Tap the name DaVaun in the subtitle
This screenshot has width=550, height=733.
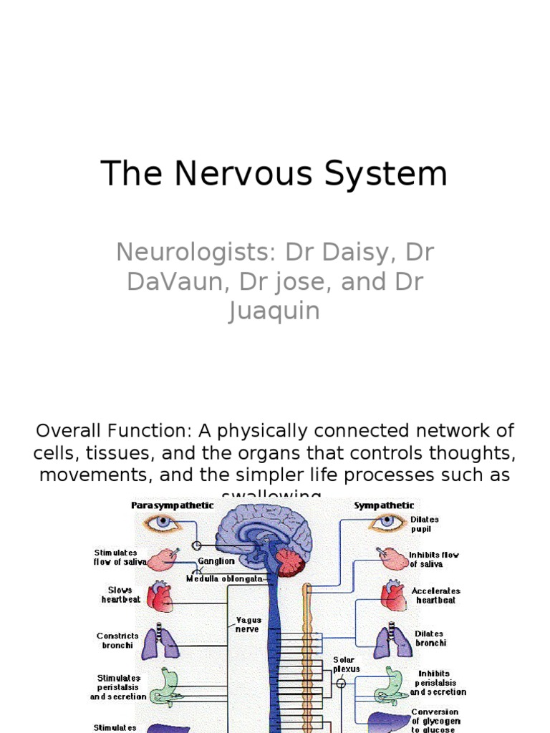click(x=170, y=282)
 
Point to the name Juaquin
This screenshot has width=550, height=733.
click(x=274, y=311)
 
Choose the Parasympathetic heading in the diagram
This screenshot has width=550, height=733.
click(x=172, y=505)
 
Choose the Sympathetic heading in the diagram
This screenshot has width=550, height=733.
click(x=383, y=505)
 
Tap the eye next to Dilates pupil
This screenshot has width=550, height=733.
click(x=387, y=523)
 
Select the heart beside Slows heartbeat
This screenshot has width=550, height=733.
click(x=160, y=596)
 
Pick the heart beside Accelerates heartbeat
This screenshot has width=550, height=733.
click(x=393, y=596)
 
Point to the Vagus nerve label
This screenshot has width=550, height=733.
click(x=249, y=624)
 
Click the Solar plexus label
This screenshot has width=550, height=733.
click(x=346, y=664)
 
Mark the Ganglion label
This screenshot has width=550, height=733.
click(x=216, y=561)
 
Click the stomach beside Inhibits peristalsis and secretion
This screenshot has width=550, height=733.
click(x=390, y=686)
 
